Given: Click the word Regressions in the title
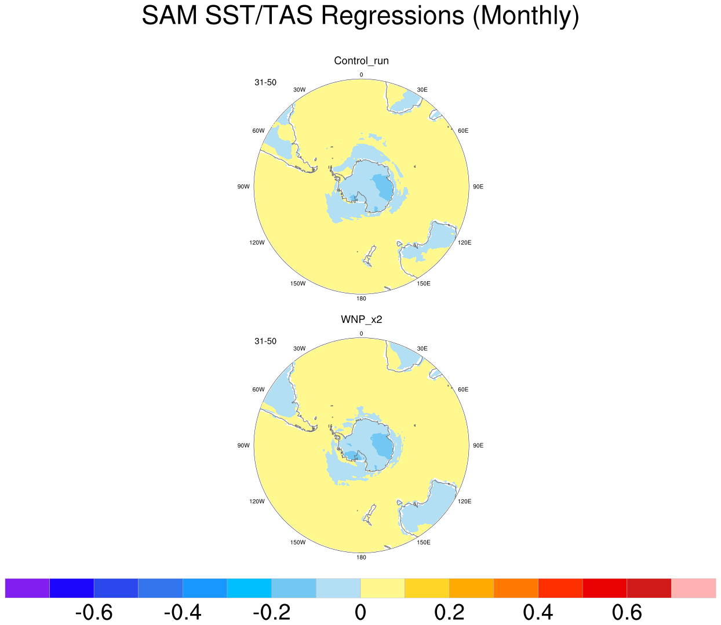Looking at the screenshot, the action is [392, 16].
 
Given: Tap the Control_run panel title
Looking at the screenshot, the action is [361, 61].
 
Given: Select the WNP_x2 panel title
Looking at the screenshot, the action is [361, 319].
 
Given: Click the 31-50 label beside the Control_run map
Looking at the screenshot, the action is [265, 82].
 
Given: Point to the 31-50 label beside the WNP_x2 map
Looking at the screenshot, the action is [265, 341].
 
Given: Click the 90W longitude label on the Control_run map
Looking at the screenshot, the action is [243, 187].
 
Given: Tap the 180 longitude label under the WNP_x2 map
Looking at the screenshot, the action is [361, 557].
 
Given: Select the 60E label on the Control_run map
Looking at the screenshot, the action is [463, 131].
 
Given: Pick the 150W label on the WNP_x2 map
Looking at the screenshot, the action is [297, 542].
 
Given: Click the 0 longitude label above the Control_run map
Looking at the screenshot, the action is [361, 75].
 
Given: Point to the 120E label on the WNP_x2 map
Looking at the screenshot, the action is [464, 502].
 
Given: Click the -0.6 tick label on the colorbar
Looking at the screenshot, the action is [94, 612].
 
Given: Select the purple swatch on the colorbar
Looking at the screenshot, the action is [27, 588].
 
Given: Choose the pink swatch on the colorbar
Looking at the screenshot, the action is [693, 588].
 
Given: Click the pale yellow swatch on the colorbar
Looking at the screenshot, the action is [383, 588].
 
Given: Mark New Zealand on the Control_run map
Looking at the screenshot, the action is [369, 256].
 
